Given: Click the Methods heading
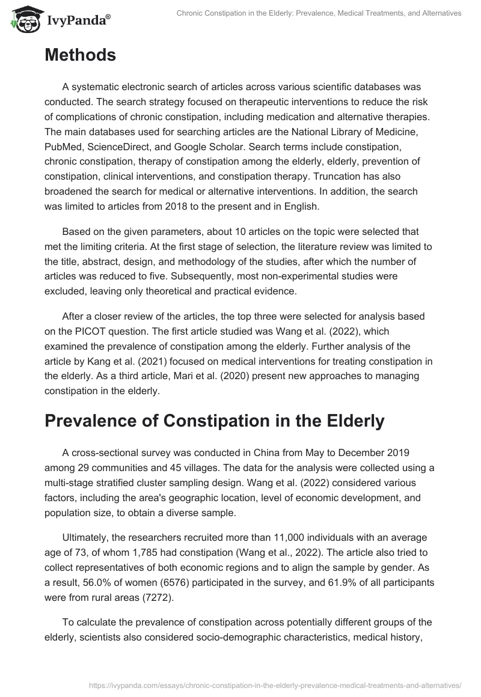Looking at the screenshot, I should tap(80, 55).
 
